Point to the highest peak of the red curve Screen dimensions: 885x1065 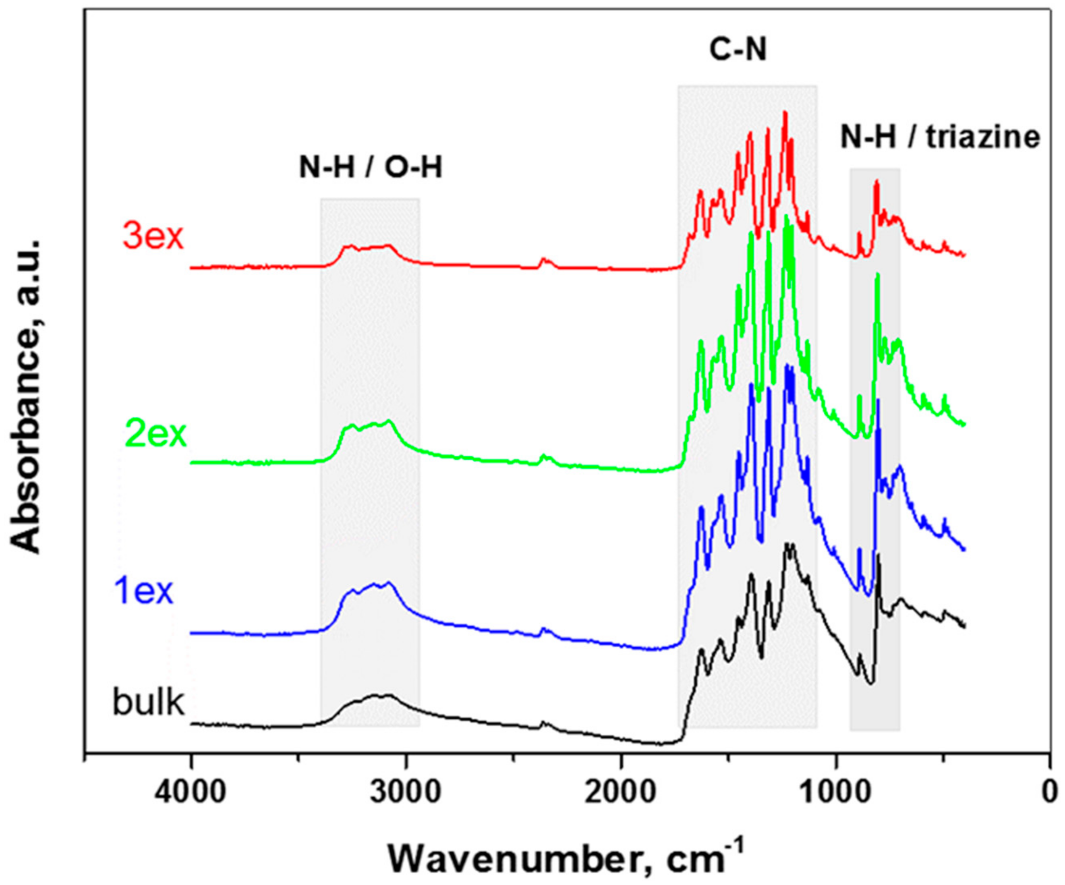pyautogui.click(x=785, y=113)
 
